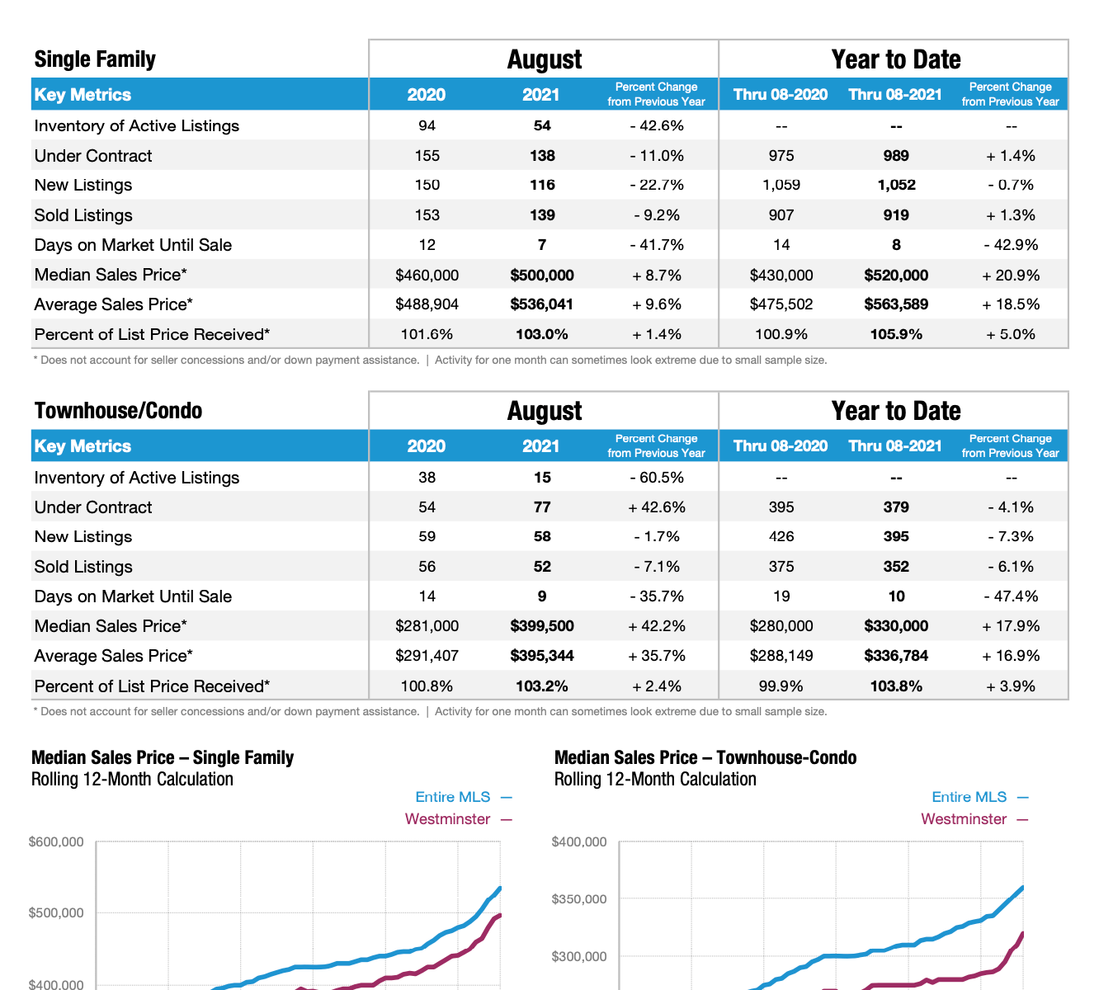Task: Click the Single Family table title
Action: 95,59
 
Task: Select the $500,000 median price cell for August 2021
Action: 541,275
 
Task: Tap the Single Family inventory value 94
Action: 427,125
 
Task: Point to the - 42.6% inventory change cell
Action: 657,125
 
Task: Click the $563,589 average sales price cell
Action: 896,304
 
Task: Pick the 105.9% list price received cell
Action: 896,334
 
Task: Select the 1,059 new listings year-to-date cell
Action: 781,185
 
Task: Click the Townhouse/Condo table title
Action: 118,411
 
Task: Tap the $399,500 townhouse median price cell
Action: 541,626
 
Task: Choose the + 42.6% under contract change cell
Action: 657,507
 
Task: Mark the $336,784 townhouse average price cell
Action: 896,656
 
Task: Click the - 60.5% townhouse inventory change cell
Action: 657,478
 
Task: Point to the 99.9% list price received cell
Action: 781,686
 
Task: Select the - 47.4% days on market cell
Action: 1011,596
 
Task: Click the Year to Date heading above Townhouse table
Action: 896,411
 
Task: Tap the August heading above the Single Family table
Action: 545,59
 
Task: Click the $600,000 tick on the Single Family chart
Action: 56,842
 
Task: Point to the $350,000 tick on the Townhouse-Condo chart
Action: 579,899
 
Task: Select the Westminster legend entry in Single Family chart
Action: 448,819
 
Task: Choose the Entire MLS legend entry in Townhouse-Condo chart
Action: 969,797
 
